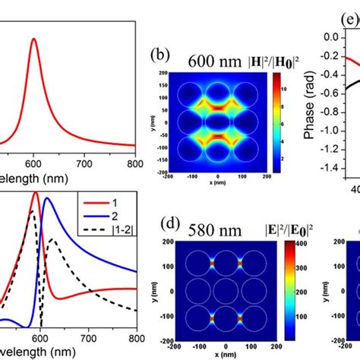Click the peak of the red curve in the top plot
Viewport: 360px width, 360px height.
[x=33, y=39]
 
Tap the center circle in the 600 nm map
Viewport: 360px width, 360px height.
[x=217, y=122]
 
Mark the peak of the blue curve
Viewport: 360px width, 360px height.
[x=47, y=199]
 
